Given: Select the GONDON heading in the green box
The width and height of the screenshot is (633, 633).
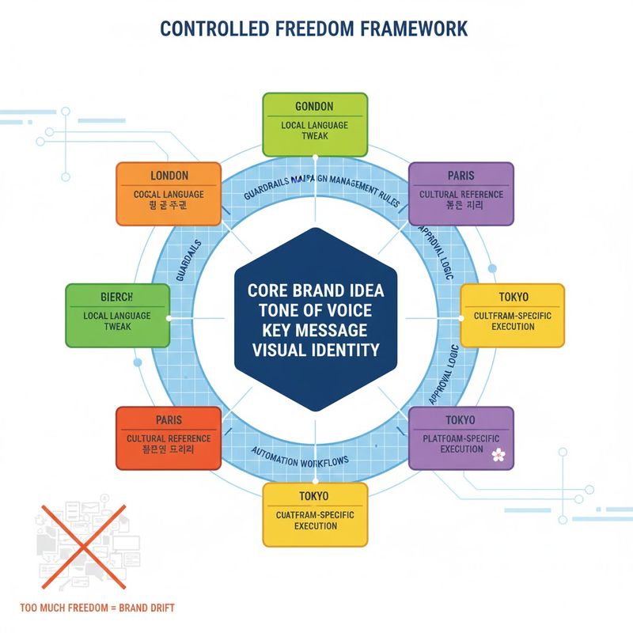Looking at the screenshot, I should (314, 106).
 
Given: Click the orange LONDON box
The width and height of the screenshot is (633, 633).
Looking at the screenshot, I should (169, 194).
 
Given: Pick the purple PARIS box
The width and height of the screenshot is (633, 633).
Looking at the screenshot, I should (461, 194).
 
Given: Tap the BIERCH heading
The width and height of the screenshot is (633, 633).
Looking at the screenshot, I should (117, 296).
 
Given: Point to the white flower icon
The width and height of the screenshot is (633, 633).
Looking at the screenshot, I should (498, 454).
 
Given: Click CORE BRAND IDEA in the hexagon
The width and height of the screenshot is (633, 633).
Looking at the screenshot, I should (315, 290).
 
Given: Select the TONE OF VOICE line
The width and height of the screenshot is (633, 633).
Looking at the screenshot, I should (315, 310).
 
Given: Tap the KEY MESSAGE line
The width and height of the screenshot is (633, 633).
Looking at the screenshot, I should (315, 330).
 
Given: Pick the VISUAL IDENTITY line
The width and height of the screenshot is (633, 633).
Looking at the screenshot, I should (315, 349).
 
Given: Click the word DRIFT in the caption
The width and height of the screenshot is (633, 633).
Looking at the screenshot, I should (159, 608).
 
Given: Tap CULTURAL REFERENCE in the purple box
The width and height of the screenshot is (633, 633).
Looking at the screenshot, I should (461, 194).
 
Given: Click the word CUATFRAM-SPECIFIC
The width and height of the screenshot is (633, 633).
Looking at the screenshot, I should (314, 514).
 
